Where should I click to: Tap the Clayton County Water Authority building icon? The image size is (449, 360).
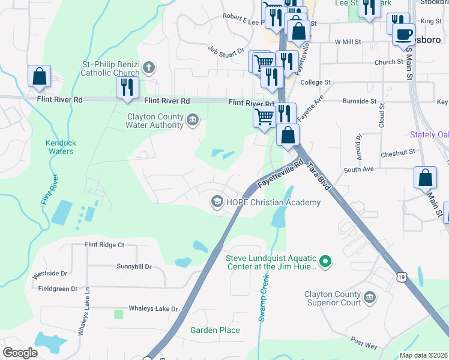(193, 119)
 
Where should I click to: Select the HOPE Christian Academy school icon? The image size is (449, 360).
(217, 202)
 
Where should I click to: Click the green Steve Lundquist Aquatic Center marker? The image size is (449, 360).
(325, 260)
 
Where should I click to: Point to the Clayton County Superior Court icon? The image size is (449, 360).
(370, 297)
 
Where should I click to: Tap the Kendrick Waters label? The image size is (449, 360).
(59, 147)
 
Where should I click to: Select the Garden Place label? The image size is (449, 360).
(215, 330)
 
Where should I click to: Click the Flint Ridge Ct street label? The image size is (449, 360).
(104, 245)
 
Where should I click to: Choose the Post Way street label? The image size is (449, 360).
(364, 343)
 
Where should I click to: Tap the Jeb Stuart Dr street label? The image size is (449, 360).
(226, 52)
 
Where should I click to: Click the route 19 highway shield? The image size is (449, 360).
(401, 277)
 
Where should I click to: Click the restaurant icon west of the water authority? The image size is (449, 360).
(127, 88)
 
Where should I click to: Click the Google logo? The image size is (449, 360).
(20, 352)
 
